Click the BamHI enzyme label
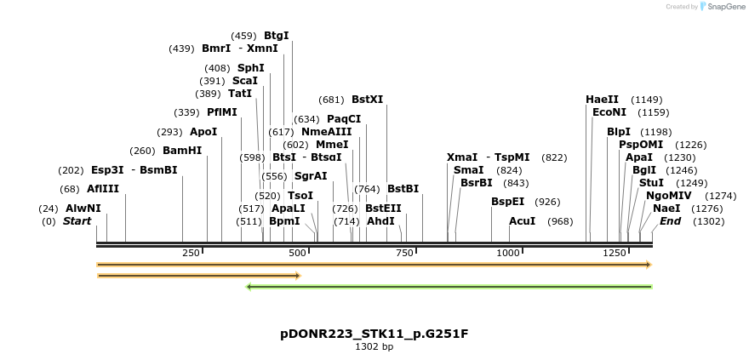182,151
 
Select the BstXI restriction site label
367,100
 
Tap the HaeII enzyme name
602,100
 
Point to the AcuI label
522,221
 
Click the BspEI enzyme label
507,202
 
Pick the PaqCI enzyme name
344,119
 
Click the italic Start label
77,221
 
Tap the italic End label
670,221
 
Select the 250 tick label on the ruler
191,253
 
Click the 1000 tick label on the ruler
508,253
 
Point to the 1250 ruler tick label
615,253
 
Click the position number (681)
332,100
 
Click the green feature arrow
449,287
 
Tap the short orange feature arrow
198,276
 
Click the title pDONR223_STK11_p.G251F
374,334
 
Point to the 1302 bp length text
374,347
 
